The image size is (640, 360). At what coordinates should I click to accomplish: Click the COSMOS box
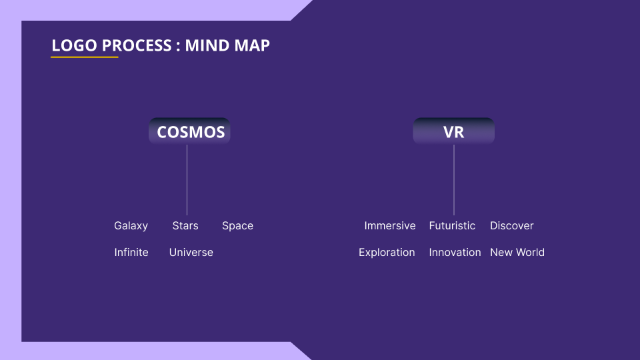point(189,131)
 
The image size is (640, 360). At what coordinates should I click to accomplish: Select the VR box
point(454,131)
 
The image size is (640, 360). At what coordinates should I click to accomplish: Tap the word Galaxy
point(131,226)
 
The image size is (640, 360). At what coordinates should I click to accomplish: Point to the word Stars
point(185,226)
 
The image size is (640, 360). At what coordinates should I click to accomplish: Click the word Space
point(237,226)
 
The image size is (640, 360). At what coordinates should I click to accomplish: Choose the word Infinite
point(131,252)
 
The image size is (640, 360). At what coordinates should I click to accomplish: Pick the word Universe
point(191,252)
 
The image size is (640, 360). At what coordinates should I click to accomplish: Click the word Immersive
point(390,226)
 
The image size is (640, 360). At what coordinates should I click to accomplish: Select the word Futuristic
point(452,226)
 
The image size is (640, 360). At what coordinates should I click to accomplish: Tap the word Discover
point(512,226)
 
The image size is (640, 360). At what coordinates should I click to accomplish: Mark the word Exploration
point(387,252)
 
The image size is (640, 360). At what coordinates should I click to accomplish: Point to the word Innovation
point(455,252)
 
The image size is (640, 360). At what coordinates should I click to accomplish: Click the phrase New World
point(517,252)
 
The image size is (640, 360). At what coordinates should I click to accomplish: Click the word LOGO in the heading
point(74,45)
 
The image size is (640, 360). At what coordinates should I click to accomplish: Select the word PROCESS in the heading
point(137,45)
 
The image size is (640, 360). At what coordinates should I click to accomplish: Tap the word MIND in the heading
point(208,45)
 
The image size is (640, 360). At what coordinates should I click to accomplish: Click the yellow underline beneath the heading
point(85,57)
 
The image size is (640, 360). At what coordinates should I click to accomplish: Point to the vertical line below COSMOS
point(187,180)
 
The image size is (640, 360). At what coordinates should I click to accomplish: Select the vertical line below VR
point(454,180)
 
